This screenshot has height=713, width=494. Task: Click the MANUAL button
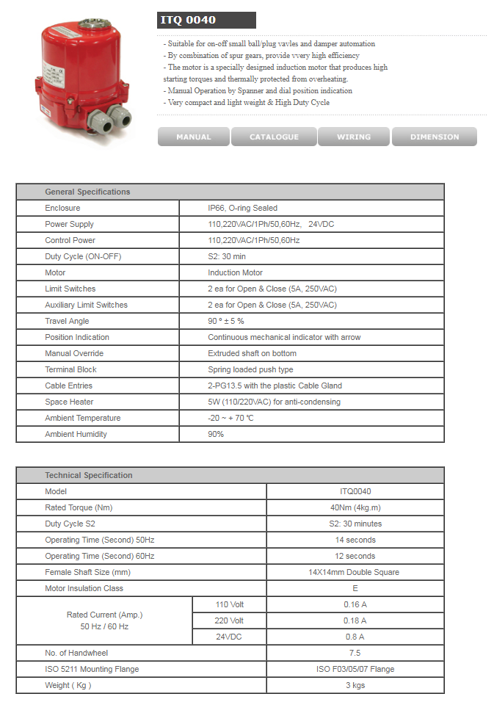click(193, 137)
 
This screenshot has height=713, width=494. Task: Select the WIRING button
click(354, 137)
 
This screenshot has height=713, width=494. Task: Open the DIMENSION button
click(435, 137)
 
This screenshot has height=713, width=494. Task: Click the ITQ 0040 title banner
click(206, 20)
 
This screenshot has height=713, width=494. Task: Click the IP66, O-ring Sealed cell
click(242, 208)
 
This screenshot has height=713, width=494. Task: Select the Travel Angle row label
click(67, 321)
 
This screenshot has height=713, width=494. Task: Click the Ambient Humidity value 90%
click(216, 434)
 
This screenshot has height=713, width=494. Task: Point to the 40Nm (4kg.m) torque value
click(355, 507)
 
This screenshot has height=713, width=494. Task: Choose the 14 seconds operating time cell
click(355, 540)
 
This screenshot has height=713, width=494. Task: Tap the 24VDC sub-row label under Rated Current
click(228, 637)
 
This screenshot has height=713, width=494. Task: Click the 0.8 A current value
click(355, 637)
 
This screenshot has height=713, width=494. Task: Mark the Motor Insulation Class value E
click(355, 588)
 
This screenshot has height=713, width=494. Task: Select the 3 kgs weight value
click(355, 685)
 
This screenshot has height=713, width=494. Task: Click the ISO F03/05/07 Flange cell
click(355, 669)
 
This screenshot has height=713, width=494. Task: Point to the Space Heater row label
click(69, 402)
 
